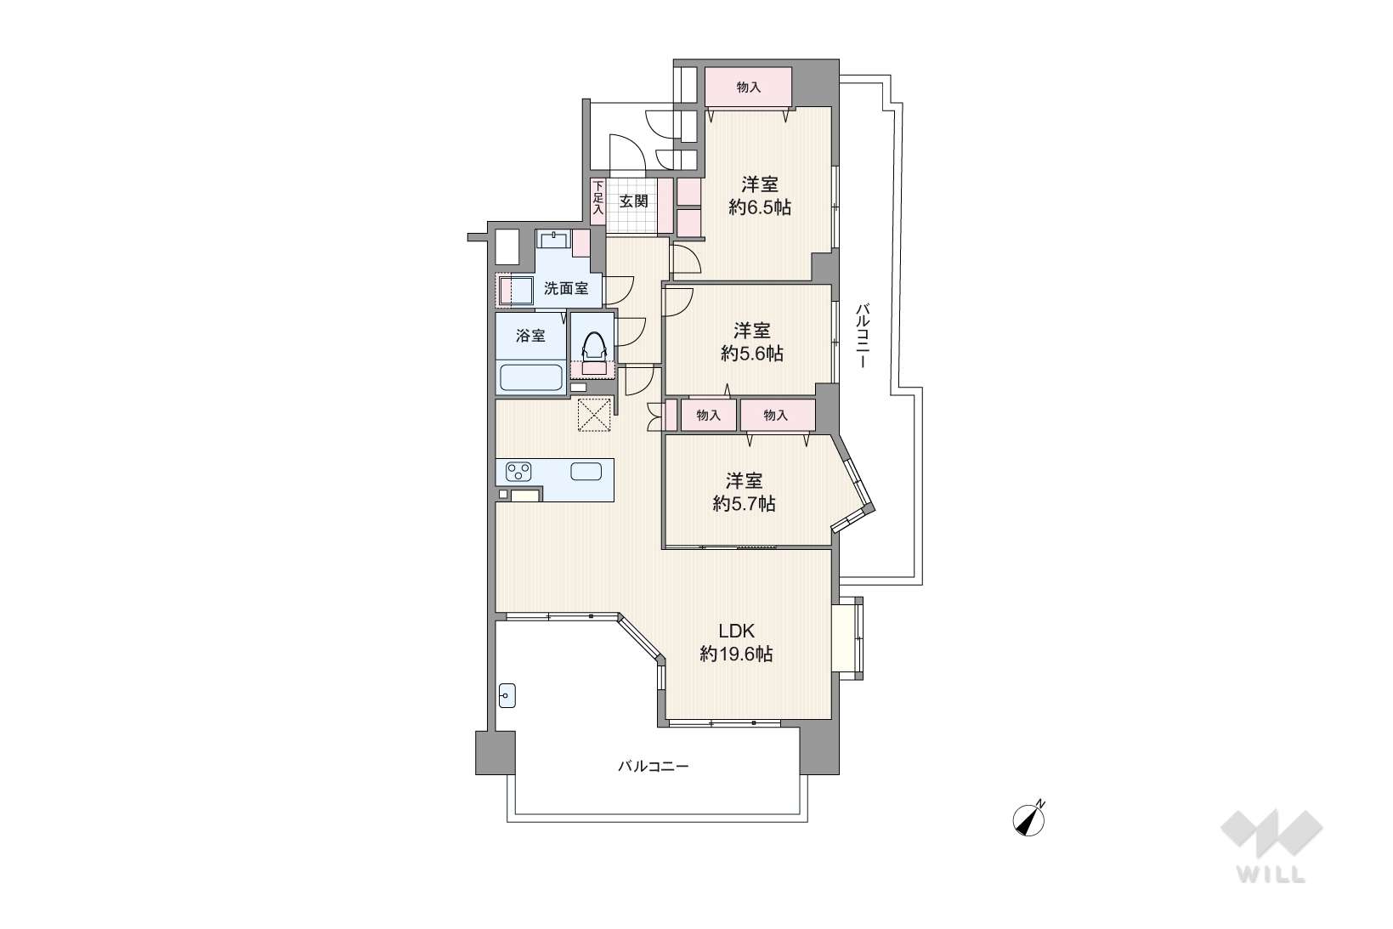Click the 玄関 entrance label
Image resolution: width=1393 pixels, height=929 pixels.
634,201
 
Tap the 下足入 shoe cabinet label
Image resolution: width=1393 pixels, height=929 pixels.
597,198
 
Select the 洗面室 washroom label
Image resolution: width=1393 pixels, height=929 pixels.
566,288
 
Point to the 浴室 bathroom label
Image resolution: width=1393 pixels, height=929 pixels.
530,336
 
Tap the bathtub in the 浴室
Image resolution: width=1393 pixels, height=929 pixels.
531,377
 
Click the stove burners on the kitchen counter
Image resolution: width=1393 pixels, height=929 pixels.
518,472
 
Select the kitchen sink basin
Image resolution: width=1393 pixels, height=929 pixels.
586,472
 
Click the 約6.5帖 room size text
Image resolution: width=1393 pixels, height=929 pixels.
760,207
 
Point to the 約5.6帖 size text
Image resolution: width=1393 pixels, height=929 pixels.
752,354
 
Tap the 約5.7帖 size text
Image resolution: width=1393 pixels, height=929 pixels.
744,504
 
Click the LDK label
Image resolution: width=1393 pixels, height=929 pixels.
736,632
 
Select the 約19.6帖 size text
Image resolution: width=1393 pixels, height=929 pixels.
736,654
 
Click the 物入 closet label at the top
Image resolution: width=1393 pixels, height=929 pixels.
749,87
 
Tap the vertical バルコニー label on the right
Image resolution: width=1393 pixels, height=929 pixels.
862,335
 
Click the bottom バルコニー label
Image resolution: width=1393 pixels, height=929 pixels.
653,766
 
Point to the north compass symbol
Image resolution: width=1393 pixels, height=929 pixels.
1029,819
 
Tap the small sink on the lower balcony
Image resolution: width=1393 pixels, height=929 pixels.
507,695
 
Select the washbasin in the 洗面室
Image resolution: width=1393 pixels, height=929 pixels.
553,240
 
